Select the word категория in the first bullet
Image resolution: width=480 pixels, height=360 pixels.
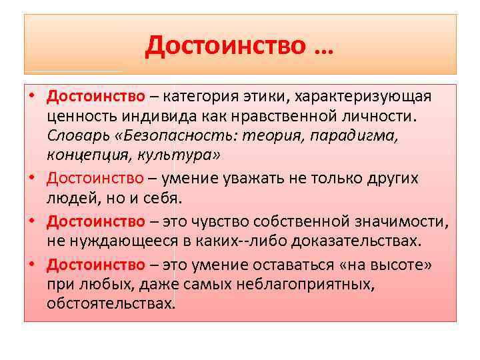[x=201, y=96]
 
